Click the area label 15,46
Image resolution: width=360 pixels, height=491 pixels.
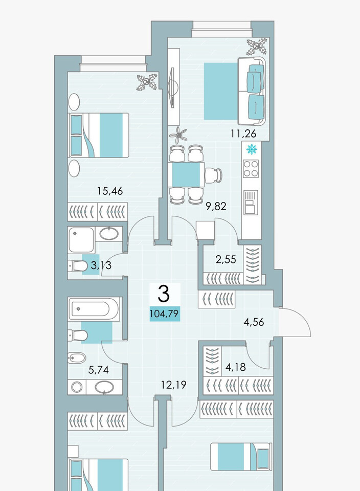pyautogui.click(x=110, y=191)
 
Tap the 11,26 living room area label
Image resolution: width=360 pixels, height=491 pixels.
pyautogui.click(x=243, y=133)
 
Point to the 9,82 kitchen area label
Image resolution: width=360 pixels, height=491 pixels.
pyautogui.click(x=216, y=206)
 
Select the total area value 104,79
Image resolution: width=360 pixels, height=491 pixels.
pyautogui.click(x=165, y=314)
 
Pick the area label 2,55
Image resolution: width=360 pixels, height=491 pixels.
pyautogui.click(x=226, y=260)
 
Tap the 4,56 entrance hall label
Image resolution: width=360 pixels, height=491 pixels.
pyautogui.click(x=254, y=322)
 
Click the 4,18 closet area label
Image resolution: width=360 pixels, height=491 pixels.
pyautogui.click(x=235, y=367)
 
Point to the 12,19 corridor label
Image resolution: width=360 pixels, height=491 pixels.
pyautogui.click(x=173, y=385)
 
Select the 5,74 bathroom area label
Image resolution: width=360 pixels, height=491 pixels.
pyautogui.click(x=99, y=370)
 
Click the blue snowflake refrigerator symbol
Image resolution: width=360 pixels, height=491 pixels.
pyautogui.click(x=252, y=149)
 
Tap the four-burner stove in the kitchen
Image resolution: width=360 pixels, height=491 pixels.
pyautogui.click(x=251, y=169)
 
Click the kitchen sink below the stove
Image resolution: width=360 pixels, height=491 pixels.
pyautogui.click(x=251, y=203)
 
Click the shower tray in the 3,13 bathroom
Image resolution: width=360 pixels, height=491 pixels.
pyautogui.click(x=81, y=240)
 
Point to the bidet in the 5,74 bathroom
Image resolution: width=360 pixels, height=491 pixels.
pyautogui.click(x=77, y=358)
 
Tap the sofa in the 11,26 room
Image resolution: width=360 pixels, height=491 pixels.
pyautogui.click(x=252, y=91)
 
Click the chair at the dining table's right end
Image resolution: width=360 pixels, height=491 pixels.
pyautogui.click(x=214, y=175)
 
